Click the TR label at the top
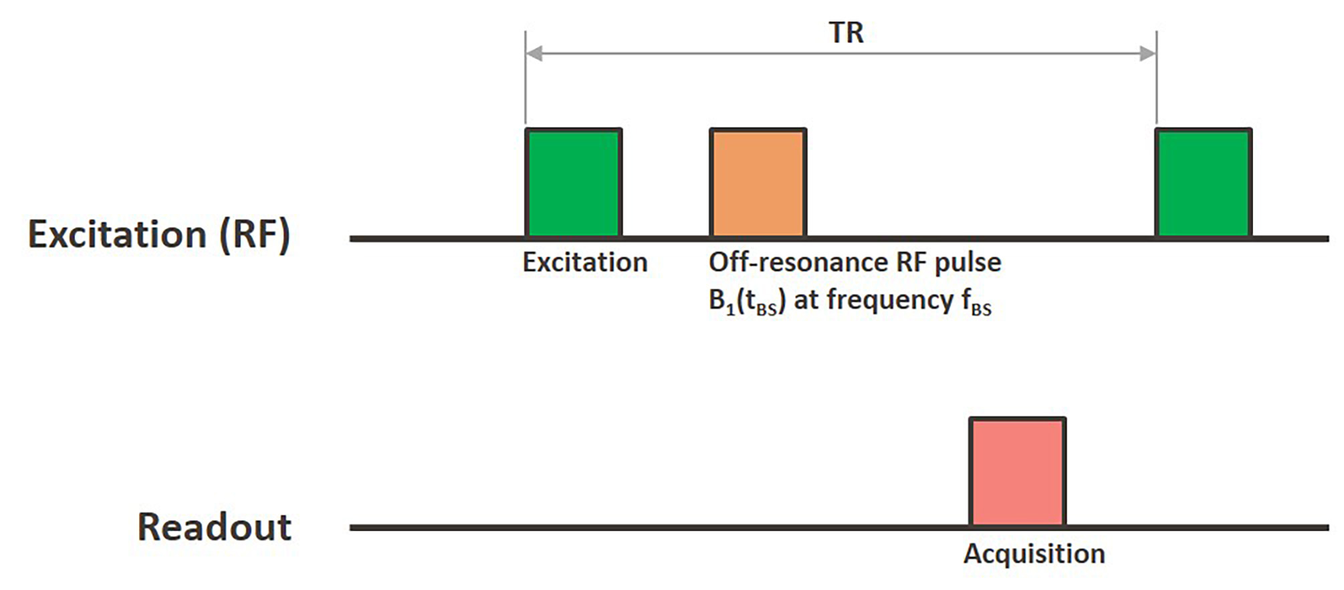click(x=846, y=32)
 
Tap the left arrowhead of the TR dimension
click(x=534, y=54)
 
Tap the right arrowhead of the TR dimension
click(x=1148, y=54)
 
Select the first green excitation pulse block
click(x=574, y=183)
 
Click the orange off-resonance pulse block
click(x=758, y=183)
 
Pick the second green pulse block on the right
click(x=1204, y=183)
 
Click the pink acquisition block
click(x=1018, y=472)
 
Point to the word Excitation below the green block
click(x=585, y=262)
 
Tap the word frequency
click(x=890, y=300)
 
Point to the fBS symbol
click(x=976, y=302)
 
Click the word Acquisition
click(x=1034, y=555)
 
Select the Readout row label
click(x=215, y=526)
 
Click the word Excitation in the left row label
click(x=118, y=234)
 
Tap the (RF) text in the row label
click(x=255, y=235)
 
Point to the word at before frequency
click(x=806, y=300)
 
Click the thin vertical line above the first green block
click(x=526, y=79)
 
